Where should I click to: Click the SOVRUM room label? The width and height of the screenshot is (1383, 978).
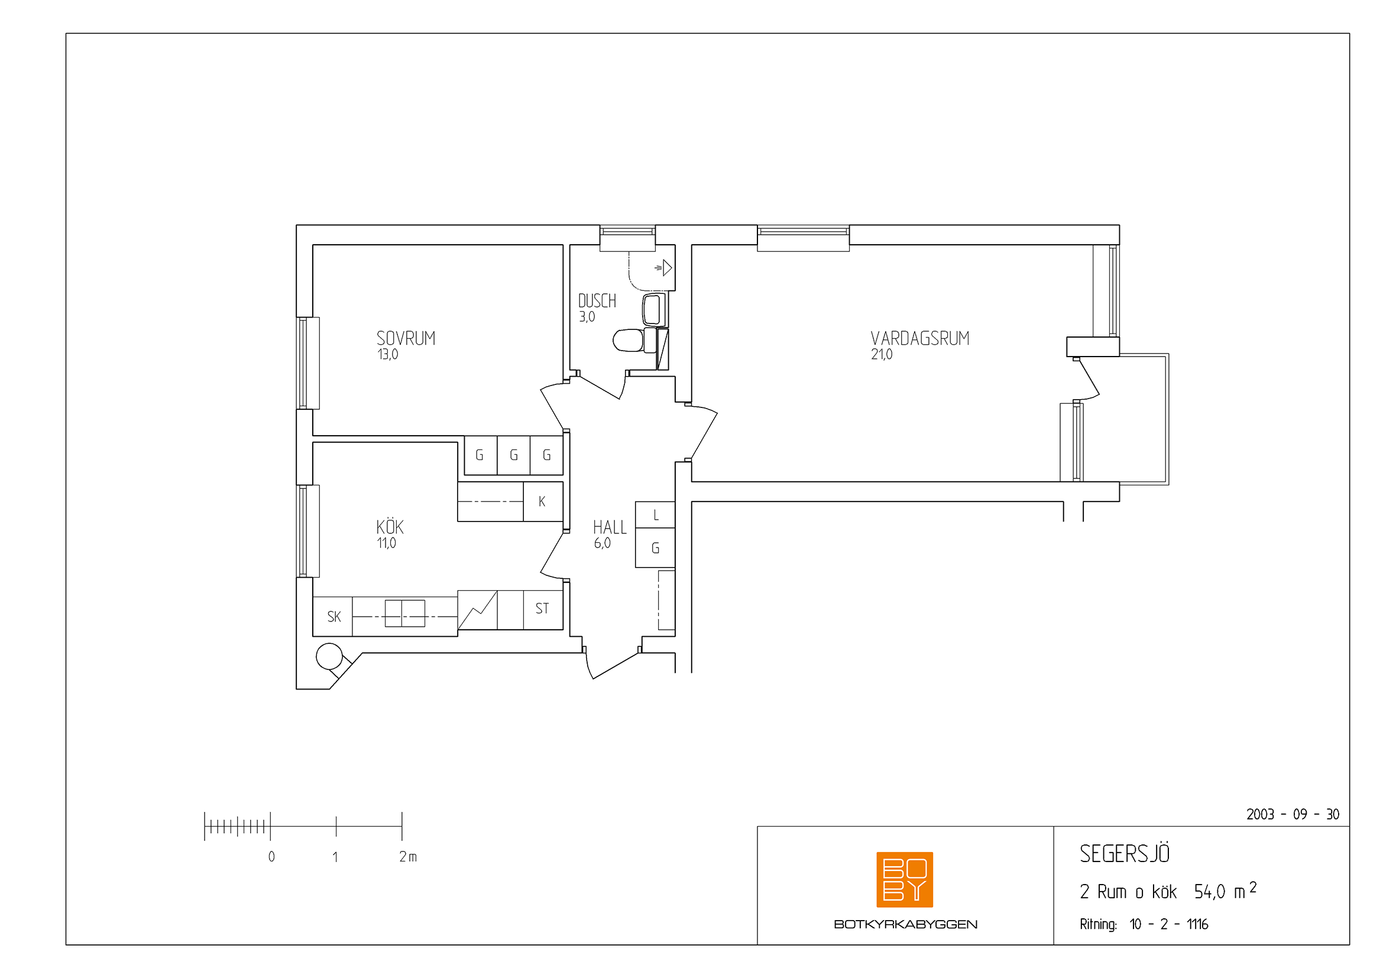click(x=406, y=338)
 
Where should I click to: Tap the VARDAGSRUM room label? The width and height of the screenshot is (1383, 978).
click(x=920, y=338)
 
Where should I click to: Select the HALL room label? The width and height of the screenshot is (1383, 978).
click(x=610, y=527)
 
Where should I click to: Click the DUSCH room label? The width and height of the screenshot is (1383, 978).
click(x=597, y=300)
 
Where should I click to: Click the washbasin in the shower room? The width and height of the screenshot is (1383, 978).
click(x=654, y=309)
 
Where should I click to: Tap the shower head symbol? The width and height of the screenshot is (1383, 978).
click(x=663, y=267)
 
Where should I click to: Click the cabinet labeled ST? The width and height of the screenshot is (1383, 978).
click(x=543, y=610)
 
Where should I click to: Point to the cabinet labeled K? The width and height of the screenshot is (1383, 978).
click(x=543, y=501)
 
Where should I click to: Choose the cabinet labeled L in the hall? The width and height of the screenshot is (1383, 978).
click(x=655, y=515)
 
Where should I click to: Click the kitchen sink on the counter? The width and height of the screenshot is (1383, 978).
click(x=405, y=614)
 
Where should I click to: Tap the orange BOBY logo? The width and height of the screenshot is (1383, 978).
click(x=905, y=879)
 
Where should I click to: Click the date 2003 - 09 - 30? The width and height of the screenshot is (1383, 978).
click(x=1293, y=814)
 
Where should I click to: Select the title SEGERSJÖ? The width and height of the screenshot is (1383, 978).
click(x=1124, y=853)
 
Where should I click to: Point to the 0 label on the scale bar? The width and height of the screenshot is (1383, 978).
click(x=271, y=856)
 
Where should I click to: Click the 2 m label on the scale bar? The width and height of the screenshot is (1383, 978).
click(x=408, y=856)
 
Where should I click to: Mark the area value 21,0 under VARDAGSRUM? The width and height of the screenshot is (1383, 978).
click(x=881, y=354)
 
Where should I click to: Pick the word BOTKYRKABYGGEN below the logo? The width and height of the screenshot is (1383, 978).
click(x=905, y=924)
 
